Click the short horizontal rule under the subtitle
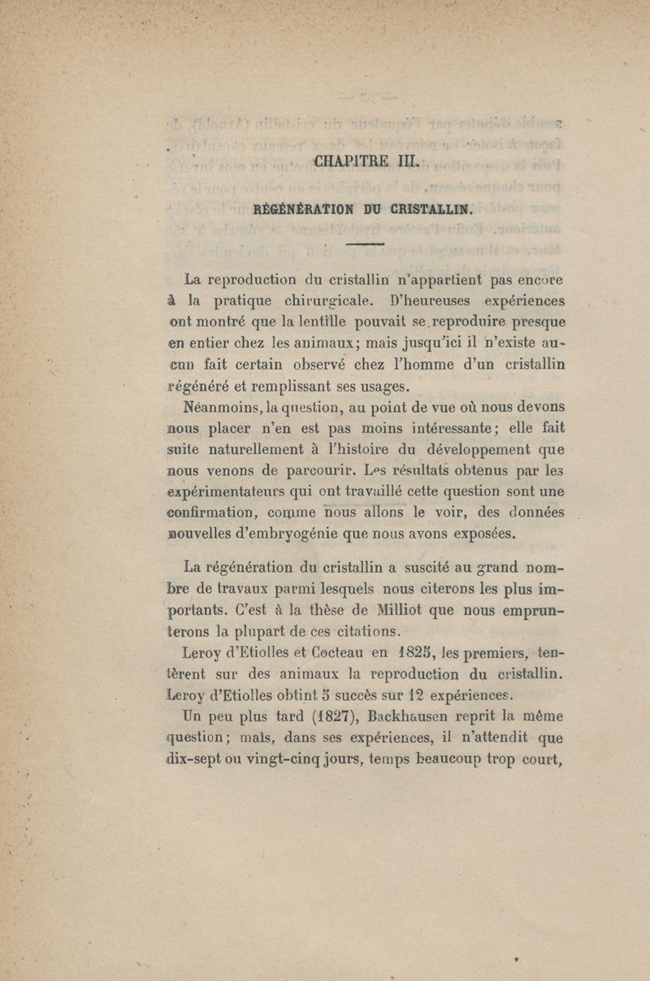point(365,244)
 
